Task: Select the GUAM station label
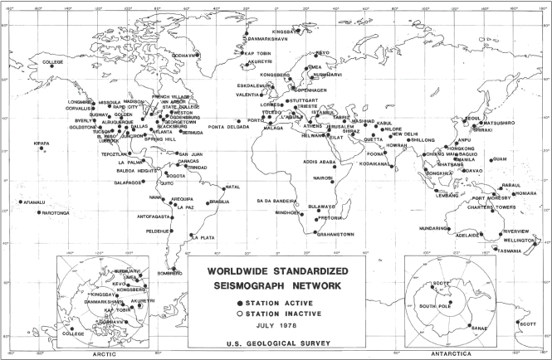tap(498, 158)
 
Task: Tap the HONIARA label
tap(525, 193)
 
